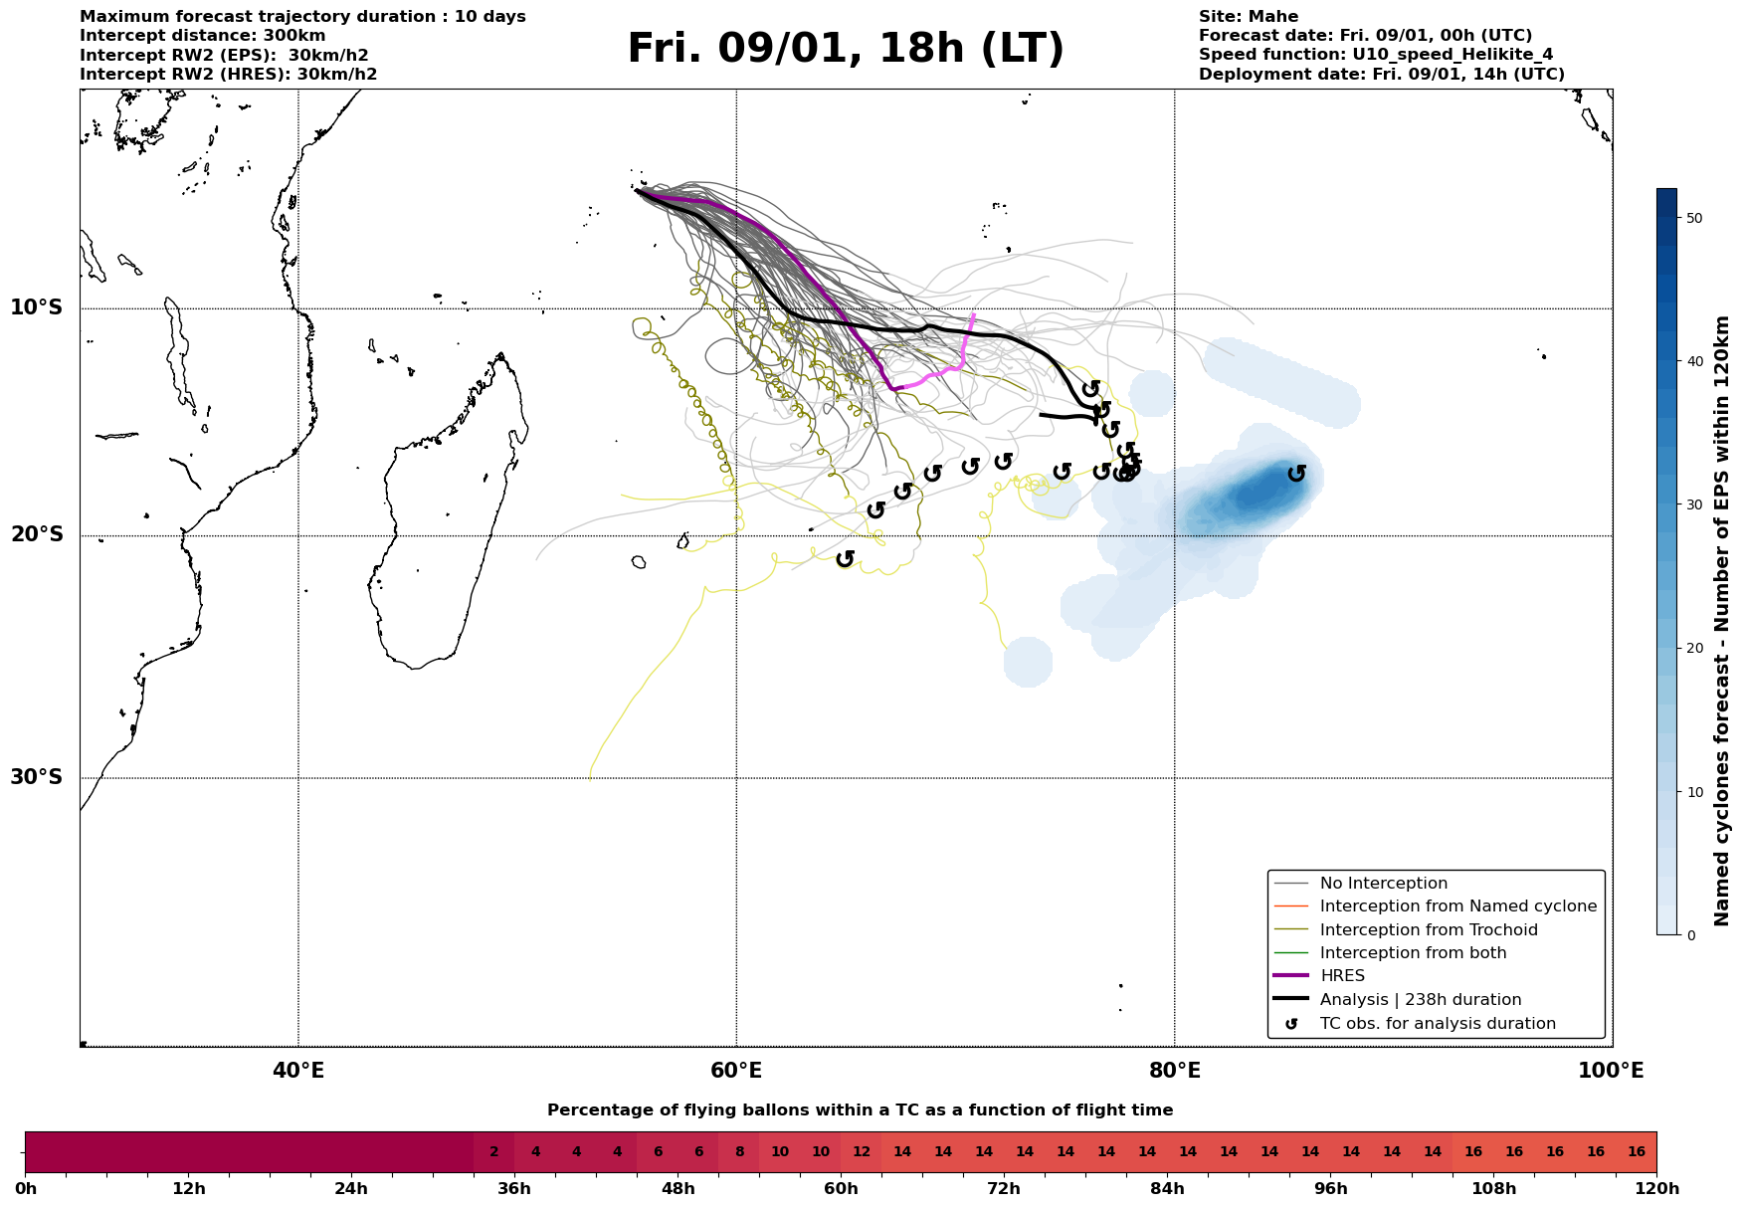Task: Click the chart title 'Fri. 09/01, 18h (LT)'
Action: pyautogui.click(x=845, y=49)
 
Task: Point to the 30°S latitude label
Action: pyautogui.click(x=37, y=776)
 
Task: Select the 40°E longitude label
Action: pyautogui.click(x=297, y=1071)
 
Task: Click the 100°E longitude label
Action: pyautogui.click(x=1611, y=1071)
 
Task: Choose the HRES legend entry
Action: pyautogui.click(x=1342, y=976)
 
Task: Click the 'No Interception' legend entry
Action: pyautogui.click(x=1383, y=884)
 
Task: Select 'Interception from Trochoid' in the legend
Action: pyautogui.click(x=1428, y=930)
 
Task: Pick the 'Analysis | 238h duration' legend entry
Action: pyautogui.click(x=1420, y=1000)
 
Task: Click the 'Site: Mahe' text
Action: pyautogui.click(x=1248, y=17)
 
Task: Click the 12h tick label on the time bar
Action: pyautogui.click(x=188, y=1189)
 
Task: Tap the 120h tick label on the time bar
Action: pyautogui.click(x=1656, y=1189)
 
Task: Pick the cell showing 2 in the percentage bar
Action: pyautogui.click(x=493, y=1152)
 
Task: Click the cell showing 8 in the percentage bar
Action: pyautogui.click(x=739, y=1152)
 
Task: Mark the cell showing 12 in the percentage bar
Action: pyautogui.click(x=862, y=1152)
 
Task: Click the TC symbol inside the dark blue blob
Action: pyautogui.click(x=1296, y=474)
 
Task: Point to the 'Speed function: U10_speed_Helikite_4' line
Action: pyautogui.click(x=1375, y=55)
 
